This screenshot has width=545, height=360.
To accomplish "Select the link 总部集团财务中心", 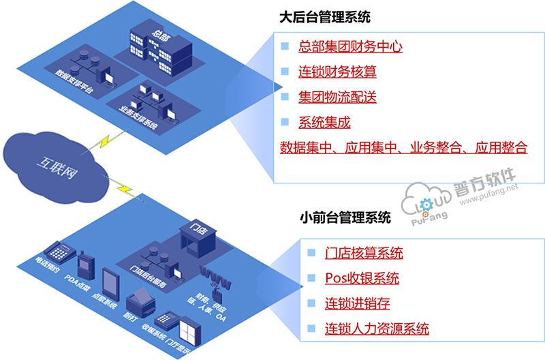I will [350, 47].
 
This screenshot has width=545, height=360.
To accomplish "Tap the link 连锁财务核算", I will [337, 72].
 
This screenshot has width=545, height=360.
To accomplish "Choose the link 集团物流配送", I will [337, 97].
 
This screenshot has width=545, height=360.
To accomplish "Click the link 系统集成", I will [324, 123].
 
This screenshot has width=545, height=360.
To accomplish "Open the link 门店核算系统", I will [364, 253].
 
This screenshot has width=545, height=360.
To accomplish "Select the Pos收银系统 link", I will [362, 278].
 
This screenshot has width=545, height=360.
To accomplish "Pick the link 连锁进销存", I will [358, 303].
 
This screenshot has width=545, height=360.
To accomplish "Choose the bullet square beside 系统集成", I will [286, 123].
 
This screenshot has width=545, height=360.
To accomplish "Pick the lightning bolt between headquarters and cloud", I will [107, 140].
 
